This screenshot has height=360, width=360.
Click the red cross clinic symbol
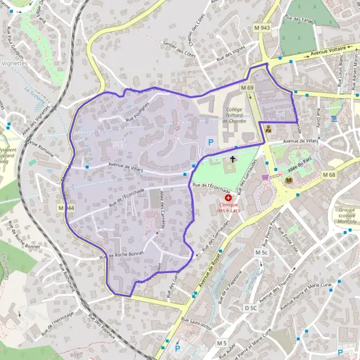(228, 197)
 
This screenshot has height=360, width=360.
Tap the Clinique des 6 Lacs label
(228, 208)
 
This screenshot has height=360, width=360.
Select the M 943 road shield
(262, 28)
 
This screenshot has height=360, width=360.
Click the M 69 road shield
(248, 88)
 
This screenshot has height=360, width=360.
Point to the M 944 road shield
(66, 208)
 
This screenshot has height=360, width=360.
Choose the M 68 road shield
(328, 175)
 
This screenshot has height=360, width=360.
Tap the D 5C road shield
(251, 308)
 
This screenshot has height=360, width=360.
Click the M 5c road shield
(261, 253)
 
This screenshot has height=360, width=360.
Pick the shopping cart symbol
(265, 177)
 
